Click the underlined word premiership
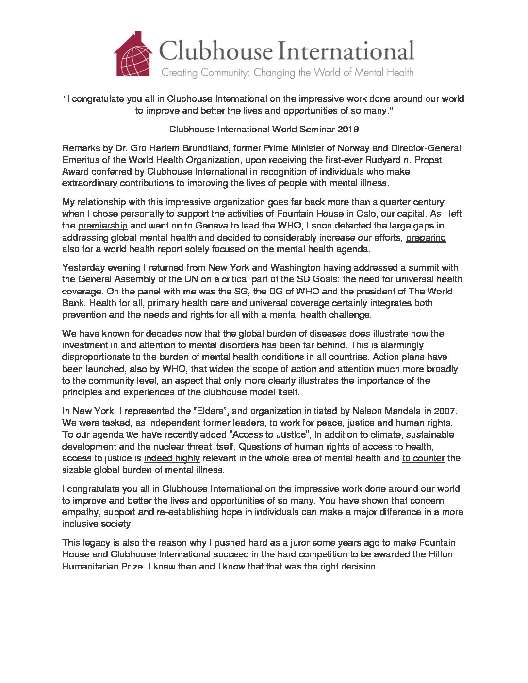click(102, 226)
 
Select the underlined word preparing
click(426, 238)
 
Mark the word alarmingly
click(399, 345)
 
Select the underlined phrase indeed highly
click(172, 458)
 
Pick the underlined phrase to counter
click(423, 458)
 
